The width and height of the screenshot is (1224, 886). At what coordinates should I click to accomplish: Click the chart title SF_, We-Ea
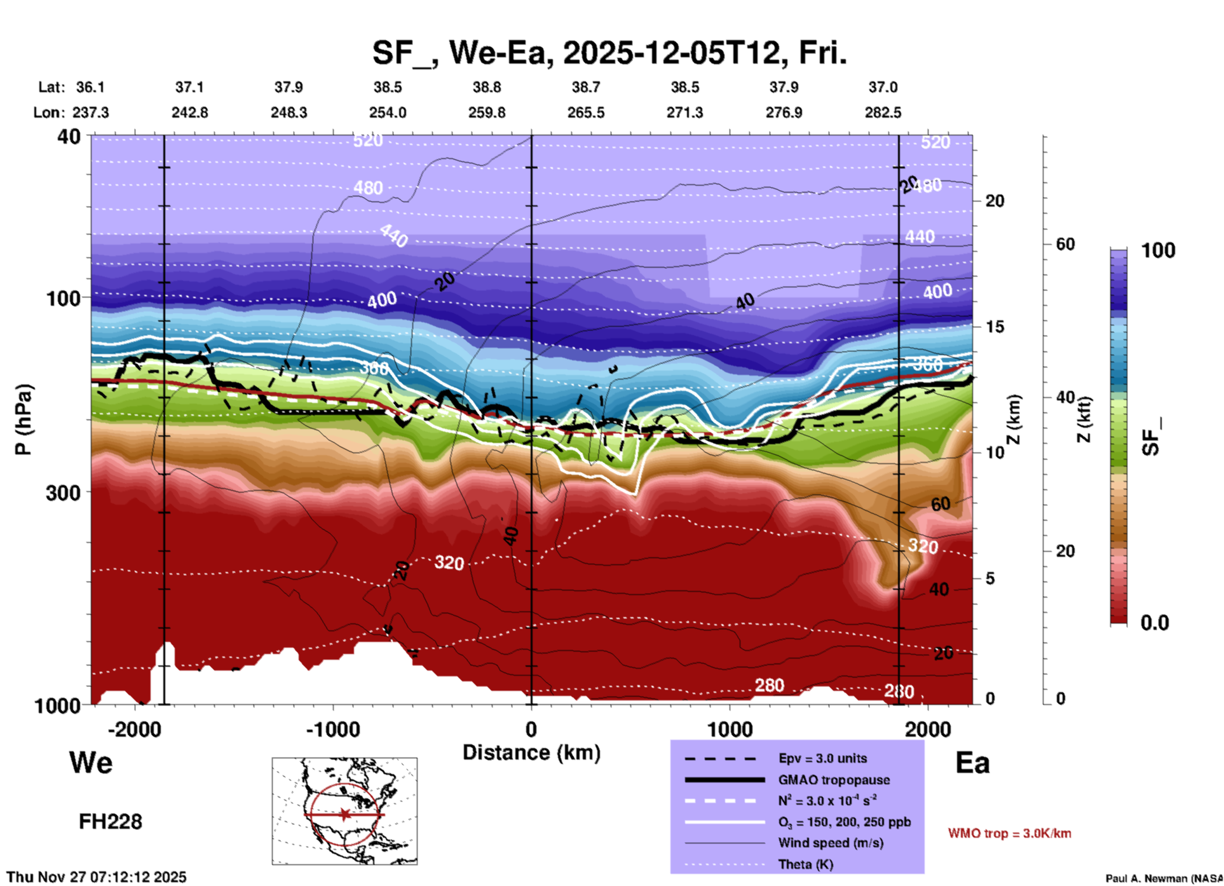pyautogui.click(x=609, y=53)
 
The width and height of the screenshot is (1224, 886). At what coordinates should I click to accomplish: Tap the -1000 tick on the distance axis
pyautogui.click(x=333, y=729)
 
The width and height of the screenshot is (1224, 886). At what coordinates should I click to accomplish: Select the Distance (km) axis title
pyautogui.click(x=531, y=753)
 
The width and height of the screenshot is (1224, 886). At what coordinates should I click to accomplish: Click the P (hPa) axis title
pyautogui.click(x=24, y=419)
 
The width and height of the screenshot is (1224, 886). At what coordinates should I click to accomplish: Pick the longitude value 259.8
pyautogui.click(x=487, y=112)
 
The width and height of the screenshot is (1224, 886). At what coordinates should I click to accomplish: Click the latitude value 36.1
pyautogui.click(x=90, y=87)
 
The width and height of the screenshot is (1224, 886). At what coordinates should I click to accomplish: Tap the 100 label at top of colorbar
pyautogui.click(x=1158, y=250)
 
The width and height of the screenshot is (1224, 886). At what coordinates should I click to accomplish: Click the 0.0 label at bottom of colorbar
pyautogui.click(x=1155, y=622)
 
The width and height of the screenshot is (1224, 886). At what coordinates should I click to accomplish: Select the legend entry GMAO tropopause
pyautogui.click(x=834, y=780)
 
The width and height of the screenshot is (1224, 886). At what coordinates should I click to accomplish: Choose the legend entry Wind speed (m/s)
pyautogui.click(x=831, y=843)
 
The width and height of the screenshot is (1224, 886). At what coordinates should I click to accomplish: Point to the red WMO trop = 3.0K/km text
pyautogui.click(x=1009, y=833)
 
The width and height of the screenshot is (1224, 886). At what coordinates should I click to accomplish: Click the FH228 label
pyautogui.click(x=111, y=822)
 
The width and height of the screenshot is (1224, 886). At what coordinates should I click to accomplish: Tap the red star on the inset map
pyautogui.click(x=344, y=814)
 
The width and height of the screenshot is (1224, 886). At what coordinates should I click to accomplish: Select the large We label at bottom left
pyautogui.click(x=91, y=762)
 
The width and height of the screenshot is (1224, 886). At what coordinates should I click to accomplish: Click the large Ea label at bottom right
pyautogui.click(x=972, y=763)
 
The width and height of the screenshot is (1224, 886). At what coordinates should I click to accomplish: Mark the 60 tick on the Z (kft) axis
pyautogui.click(x=1065, y=244)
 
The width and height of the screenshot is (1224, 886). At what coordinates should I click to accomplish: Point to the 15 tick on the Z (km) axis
pyautogui.click(x=994, y=327)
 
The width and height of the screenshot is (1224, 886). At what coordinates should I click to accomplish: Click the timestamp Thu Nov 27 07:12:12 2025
pyautogui.click(x=97, y=877)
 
